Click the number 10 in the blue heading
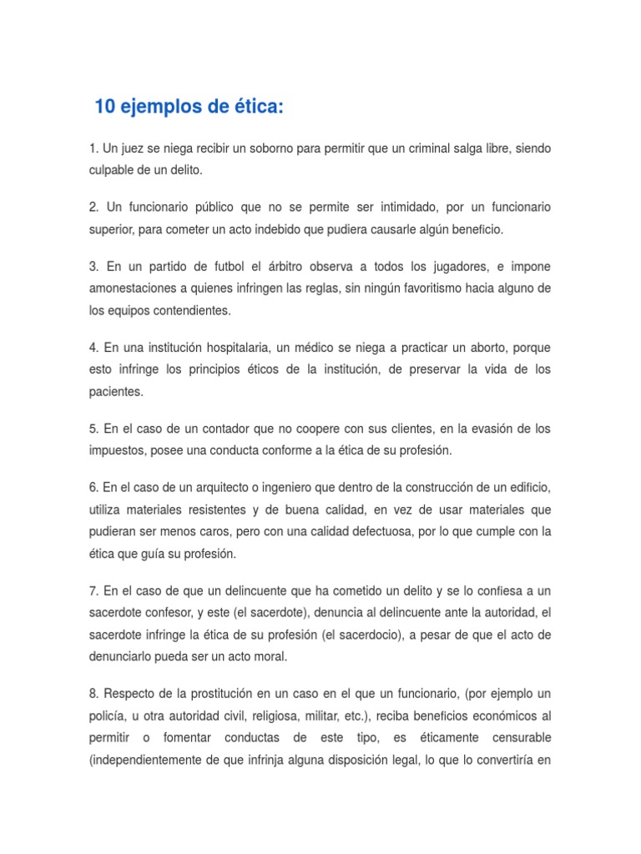104,108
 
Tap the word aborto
474,346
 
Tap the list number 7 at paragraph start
92,590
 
